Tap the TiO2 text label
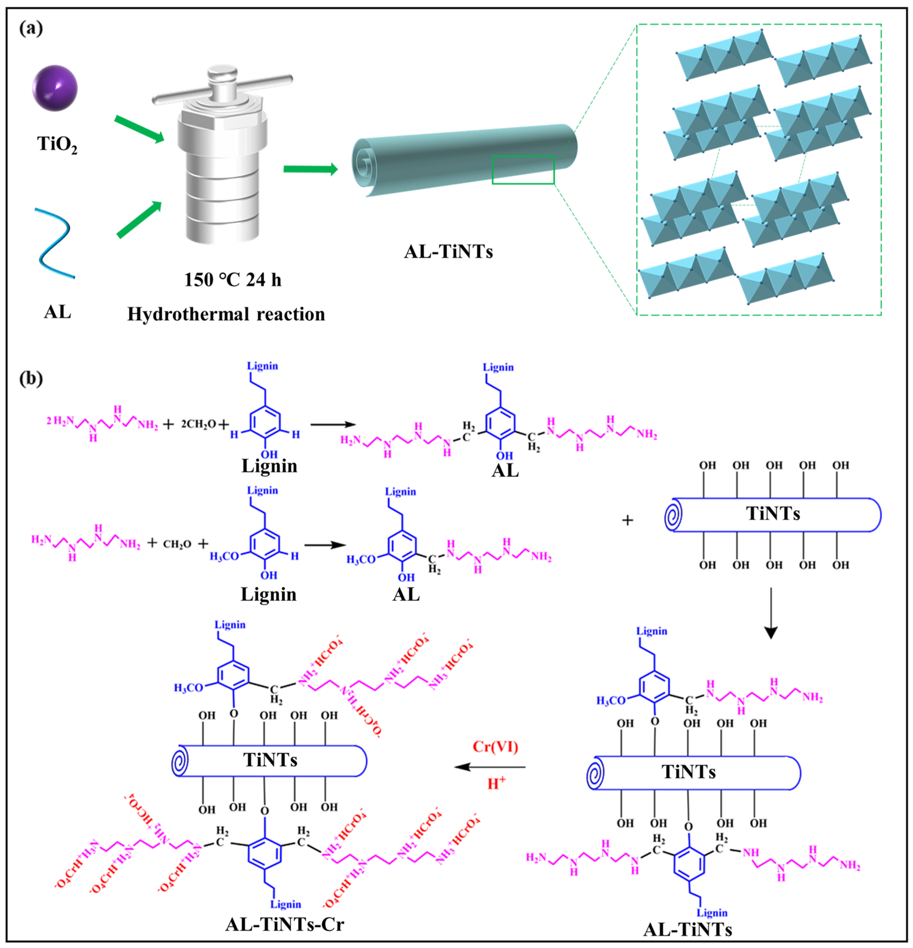coord(57,144)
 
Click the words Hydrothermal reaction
coord(226,315)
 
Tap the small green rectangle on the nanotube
coord(523,170)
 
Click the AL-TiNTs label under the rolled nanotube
coord(448,252)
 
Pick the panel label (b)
coord(31,378)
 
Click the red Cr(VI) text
coord(495,747)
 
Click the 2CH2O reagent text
coord(198,424)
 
